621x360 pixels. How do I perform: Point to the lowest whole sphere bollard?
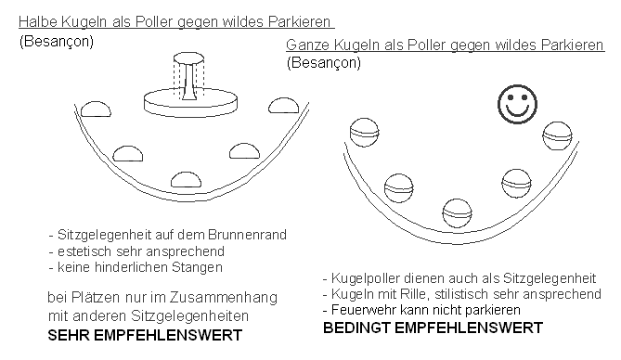[x=457, y=212]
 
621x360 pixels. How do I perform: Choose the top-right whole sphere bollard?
[x=556, y=135]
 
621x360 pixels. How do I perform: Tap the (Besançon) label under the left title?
[x=57, y=42]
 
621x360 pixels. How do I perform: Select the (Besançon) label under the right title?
[x=324, y=63]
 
